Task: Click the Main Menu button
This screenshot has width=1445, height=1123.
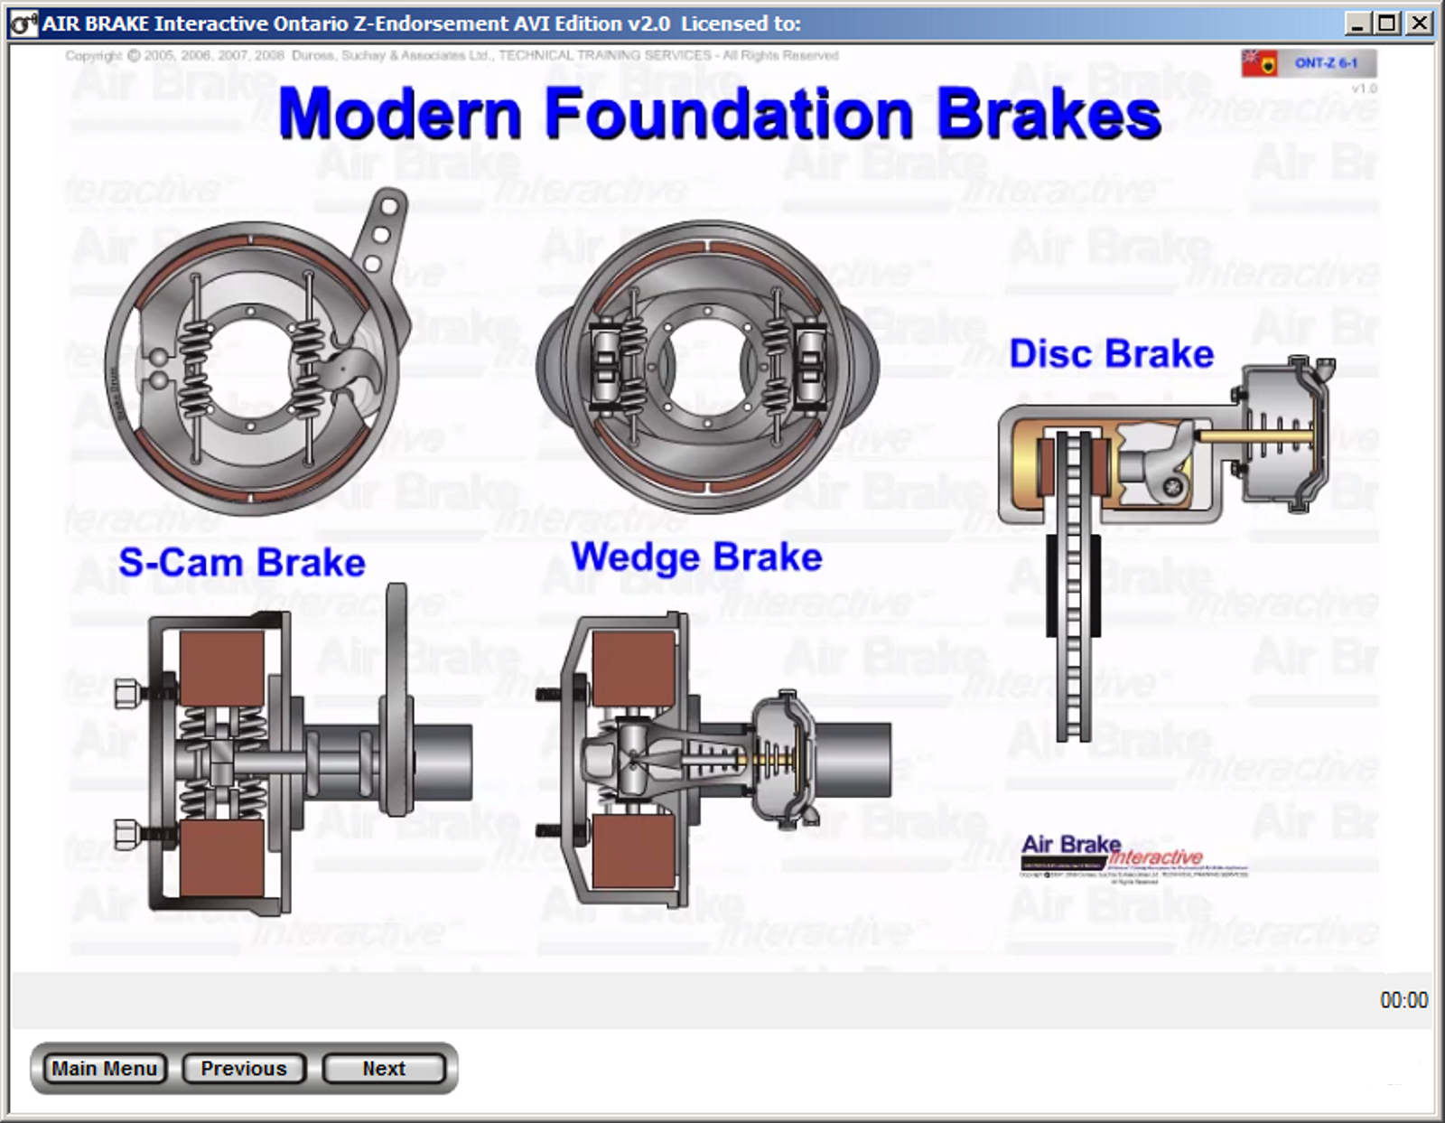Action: coord(104,1069)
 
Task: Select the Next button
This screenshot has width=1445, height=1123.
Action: coord(384,1069)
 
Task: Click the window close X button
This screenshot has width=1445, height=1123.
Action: coord(1421,23)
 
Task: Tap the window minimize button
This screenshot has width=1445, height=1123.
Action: coord(1357,23)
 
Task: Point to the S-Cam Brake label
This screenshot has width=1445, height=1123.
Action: coord(242,563)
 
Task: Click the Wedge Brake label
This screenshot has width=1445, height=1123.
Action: coord(696,557)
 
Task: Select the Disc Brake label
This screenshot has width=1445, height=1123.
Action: coord(1111,354)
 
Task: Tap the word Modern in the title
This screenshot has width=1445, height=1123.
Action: coord(400,114)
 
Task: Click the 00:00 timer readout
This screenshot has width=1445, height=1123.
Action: coord(1403,1000)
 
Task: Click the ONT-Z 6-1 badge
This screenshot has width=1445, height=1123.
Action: coord(1326,63)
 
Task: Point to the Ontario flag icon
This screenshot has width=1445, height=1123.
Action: coord(1259,63)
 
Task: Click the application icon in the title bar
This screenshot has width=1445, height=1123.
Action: coord(23,23)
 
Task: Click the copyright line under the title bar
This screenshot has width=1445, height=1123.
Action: coord(452,55)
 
